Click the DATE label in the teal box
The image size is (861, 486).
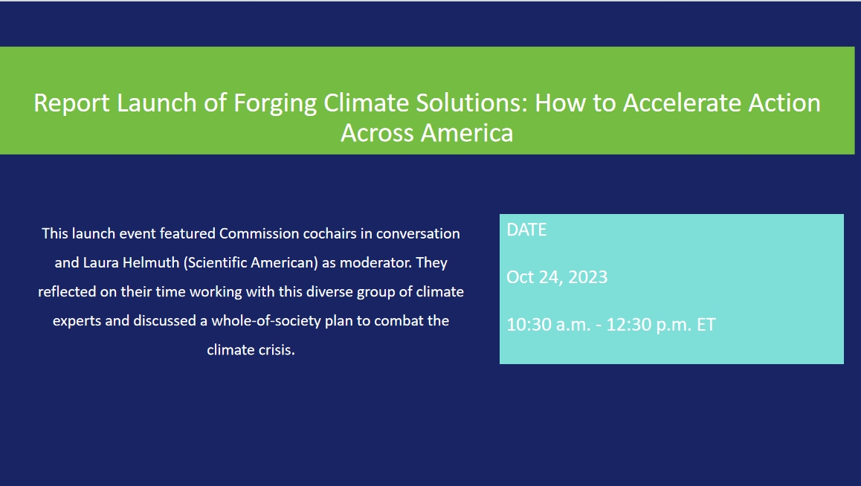(x=526, y=230)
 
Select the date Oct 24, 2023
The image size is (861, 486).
(x=557, y=277)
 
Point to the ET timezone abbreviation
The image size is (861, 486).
(x=706, y=325)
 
